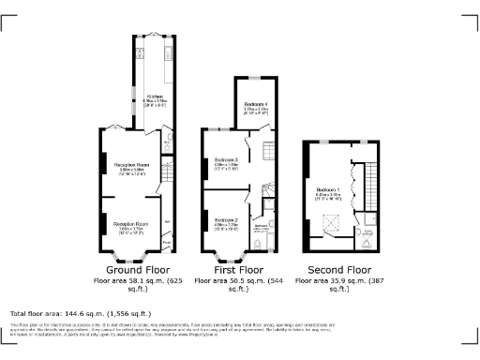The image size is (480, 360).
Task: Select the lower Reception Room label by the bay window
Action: [x=132, y=225]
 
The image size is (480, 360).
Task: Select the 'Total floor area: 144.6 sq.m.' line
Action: [x=81, y=312]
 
